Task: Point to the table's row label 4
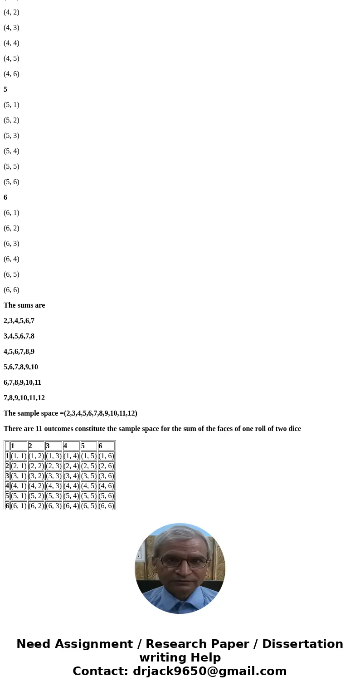pyautogui.click(x=7, y=486)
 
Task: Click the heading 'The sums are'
pyautogui.click(x=24, y=305)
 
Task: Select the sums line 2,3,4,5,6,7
pyautogui.click(x=19, y=321)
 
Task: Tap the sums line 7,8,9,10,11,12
pyautogui.click(x=24, y=398)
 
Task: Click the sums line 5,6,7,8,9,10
pyautogui.click(x=21, y=367)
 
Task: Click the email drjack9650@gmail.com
pyautogui.click(x=209, y=671)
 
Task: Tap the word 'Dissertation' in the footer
pyautogui.click(x=302, y=644)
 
